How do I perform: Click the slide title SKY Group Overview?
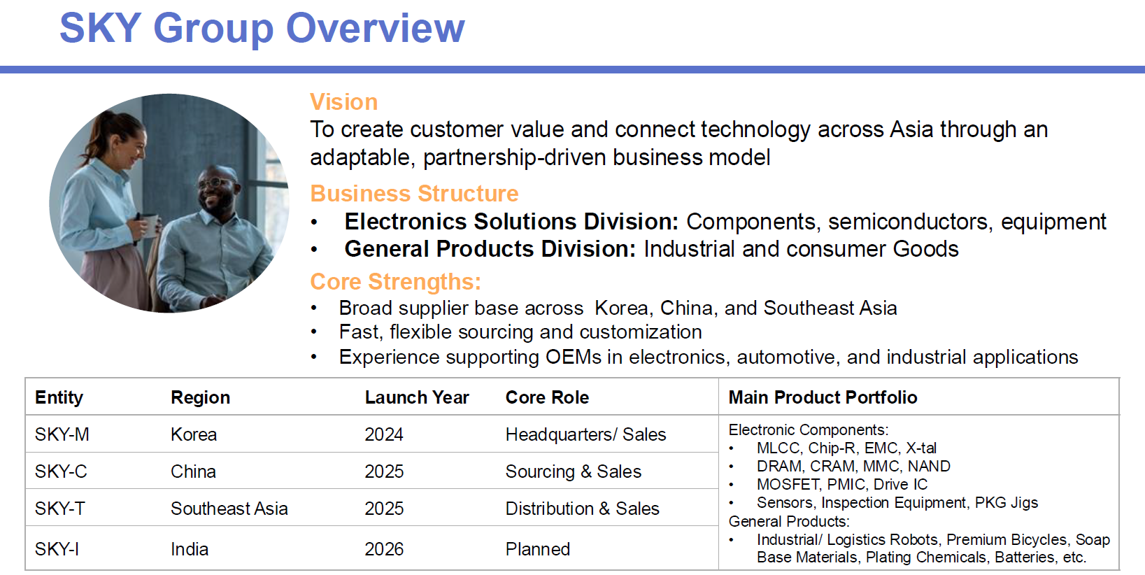[x=262, y=29]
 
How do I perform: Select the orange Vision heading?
[x=344, y=101]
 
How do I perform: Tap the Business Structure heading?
[x=415, y=194]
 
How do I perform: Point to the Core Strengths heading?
[x=396, y=282]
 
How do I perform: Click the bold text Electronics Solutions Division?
[x=511, y=222]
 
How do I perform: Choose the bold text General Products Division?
[x=490, y=249]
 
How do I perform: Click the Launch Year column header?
[x=417, y=397]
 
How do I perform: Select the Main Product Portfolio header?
[x=823, y=397]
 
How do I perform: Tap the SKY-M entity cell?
[x=62, y=434]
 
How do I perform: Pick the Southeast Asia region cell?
[x=229, y=509]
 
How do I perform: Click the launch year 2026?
[x=384, y=549]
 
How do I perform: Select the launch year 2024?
[x=384, y=434]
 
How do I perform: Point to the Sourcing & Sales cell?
[x=573, y=471]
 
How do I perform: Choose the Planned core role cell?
[x=538, y=549]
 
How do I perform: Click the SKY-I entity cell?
[x=57, y=549]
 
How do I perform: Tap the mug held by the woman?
[x=149, y=225]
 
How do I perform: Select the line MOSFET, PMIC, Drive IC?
[x=842, y=485]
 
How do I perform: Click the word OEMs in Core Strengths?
[x=573, y=357]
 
